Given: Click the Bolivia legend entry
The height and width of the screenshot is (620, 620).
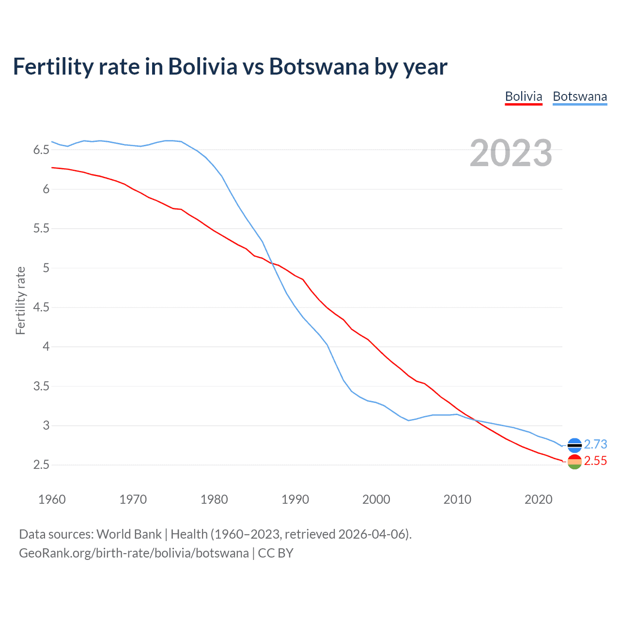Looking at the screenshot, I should tap(523, 96).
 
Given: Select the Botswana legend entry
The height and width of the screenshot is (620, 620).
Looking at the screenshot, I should tap(579, 96).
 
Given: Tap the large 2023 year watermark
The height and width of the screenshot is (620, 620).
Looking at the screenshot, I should tap(511, 153).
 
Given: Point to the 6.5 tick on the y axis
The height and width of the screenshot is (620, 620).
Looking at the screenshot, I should tap(41, 150).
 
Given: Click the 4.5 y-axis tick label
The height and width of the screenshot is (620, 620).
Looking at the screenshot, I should tap(41, 307).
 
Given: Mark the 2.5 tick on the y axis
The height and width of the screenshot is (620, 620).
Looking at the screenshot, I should tap(41, 465).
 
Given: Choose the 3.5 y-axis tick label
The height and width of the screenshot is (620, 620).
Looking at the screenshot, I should tap(41, 386).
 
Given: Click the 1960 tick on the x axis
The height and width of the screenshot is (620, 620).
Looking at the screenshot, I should tap(52, 499).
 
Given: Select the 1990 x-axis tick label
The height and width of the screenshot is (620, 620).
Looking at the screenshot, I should tap(295, 499).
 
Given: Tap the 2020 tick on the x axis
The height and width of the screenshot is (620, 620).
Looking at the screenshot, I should tap(538, 499).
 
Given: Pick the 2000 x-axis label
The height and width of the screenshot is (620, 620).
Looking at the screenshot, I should tap(376, 499).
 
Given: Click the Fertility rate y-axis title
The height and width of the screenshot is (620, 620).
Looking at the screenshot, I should tap(20, 300).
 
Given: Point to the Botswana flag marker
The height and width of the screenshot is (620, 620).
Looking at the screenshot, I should tap(574, 445).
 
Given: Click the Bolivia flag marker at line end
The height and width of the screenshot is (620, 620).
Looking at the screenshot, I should tap(574, 462).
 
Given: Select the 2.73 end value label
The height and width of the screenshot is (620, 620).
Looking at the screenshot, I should tap(595, 444).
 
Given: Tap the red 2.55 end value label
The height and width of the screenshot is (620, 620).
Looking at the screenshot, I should tap(595, 461).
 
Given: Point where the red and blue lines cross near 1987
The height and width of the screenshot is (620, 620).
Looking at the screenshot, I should tap(272, 263).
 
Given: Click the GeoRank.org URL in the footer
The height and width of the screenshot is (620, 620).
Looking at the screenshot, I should tap(134, 553).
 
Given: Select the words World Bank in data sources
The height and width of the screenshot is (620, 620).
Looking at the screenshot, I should tap(129, 534).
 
